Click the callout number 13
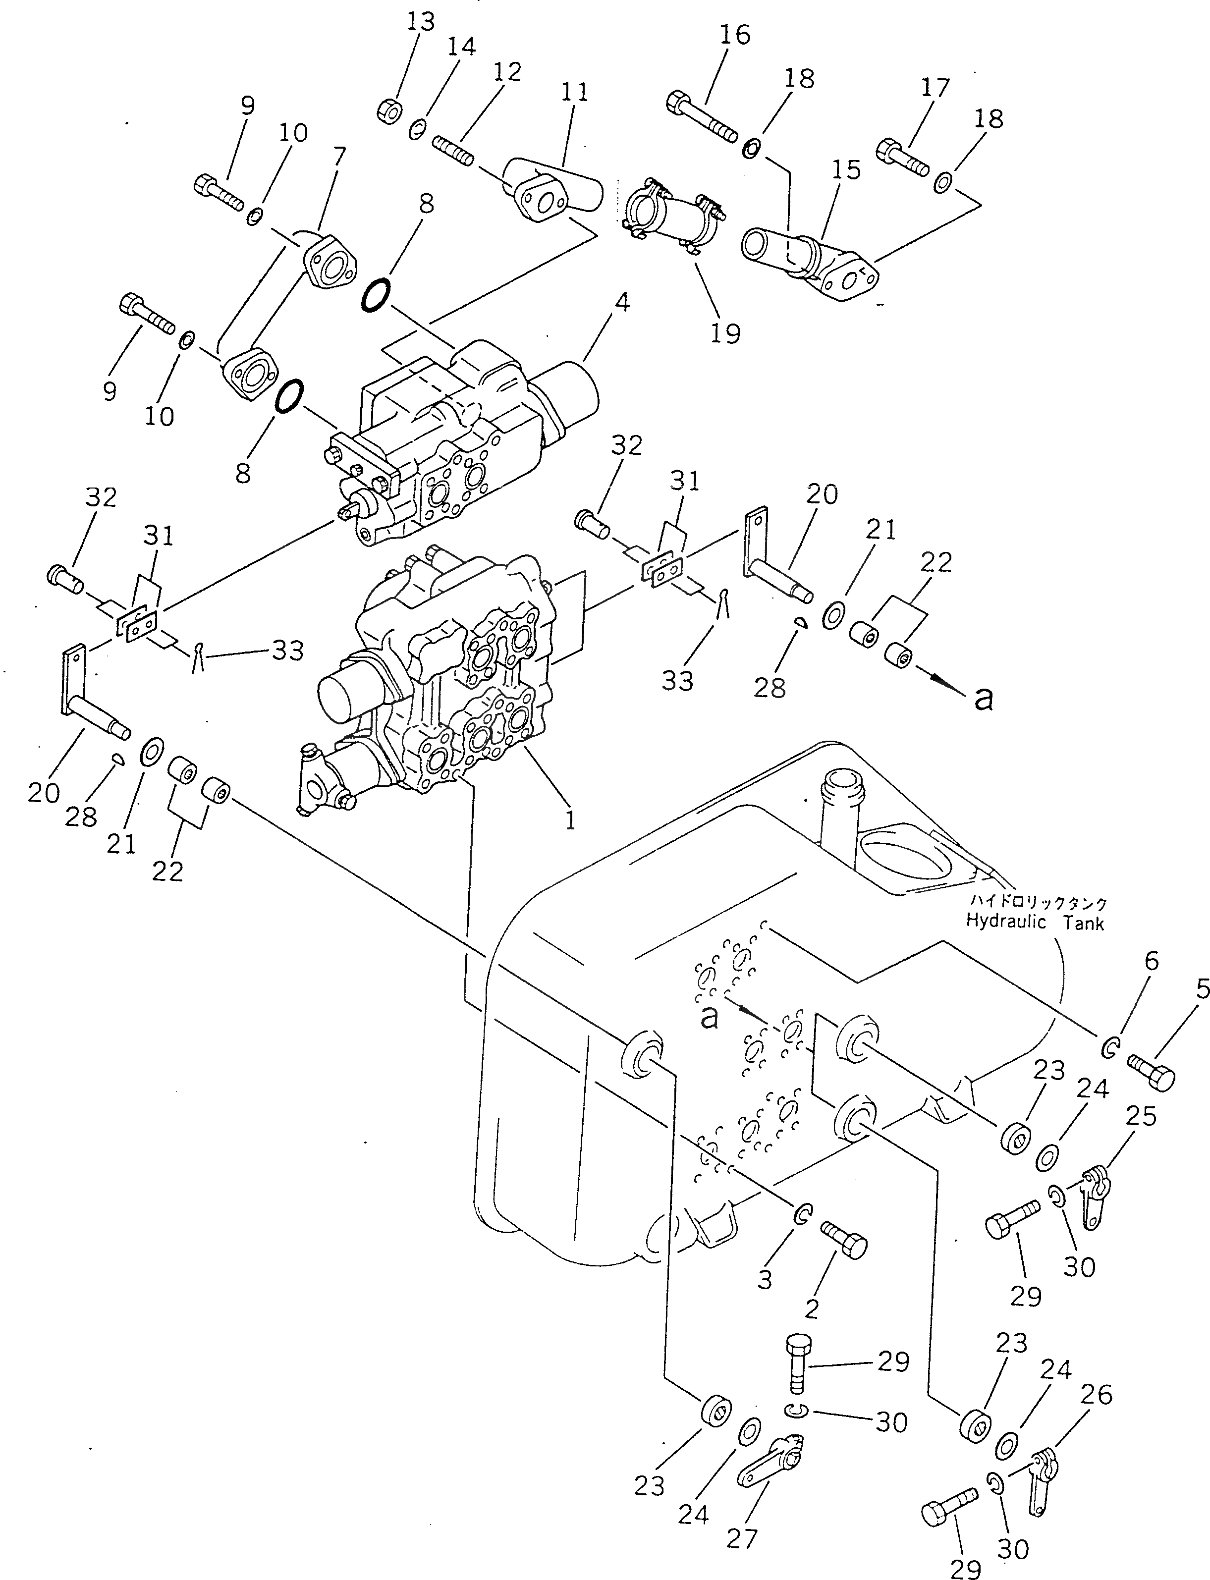(x=420, y=22)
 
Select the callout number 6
(x=1152, y=961)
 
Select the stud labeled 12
(x=453, y=151)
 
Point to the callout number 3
(x=765, y=1279)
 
